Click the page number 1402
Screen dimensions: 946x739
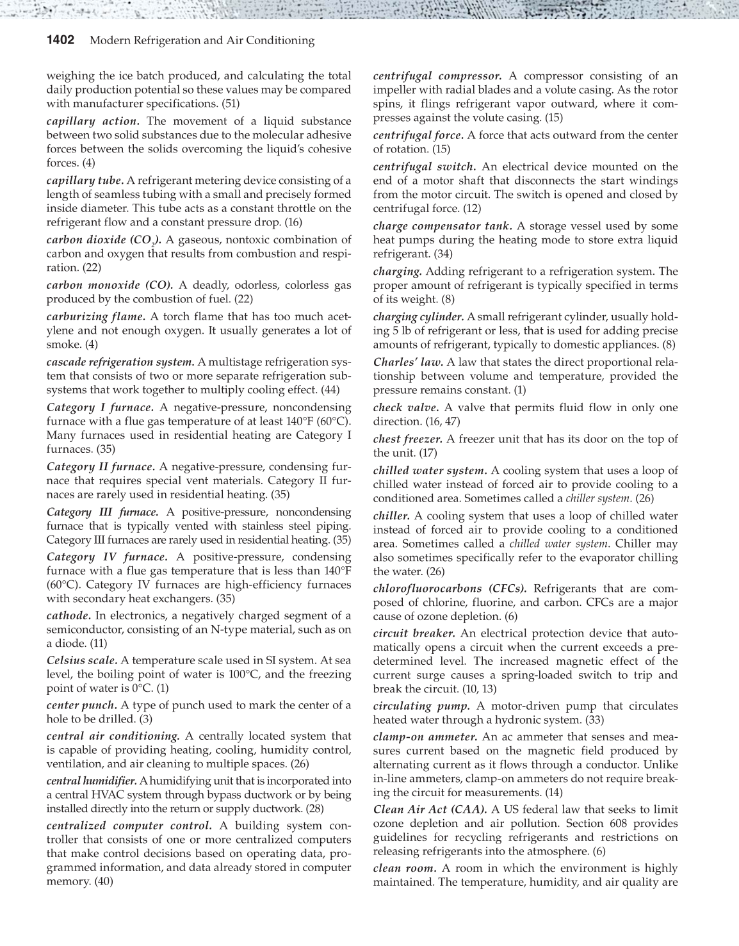61,40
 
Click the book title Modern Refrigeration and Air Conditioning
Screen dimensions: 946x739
202,40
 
